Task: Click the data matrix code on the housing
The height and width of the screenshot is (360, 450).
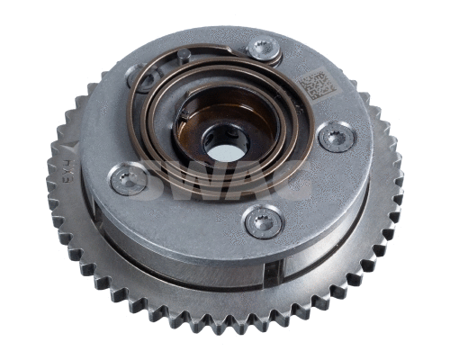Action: pyautogui.click(x=316, y=86)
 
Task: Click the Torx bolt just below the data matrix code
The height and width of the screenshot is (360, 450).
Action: pyautogui.click(x=337, y=137)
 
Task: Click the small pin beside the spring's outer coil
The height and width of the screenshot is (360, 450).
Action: pyautogui.click(x=184, y=56)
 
